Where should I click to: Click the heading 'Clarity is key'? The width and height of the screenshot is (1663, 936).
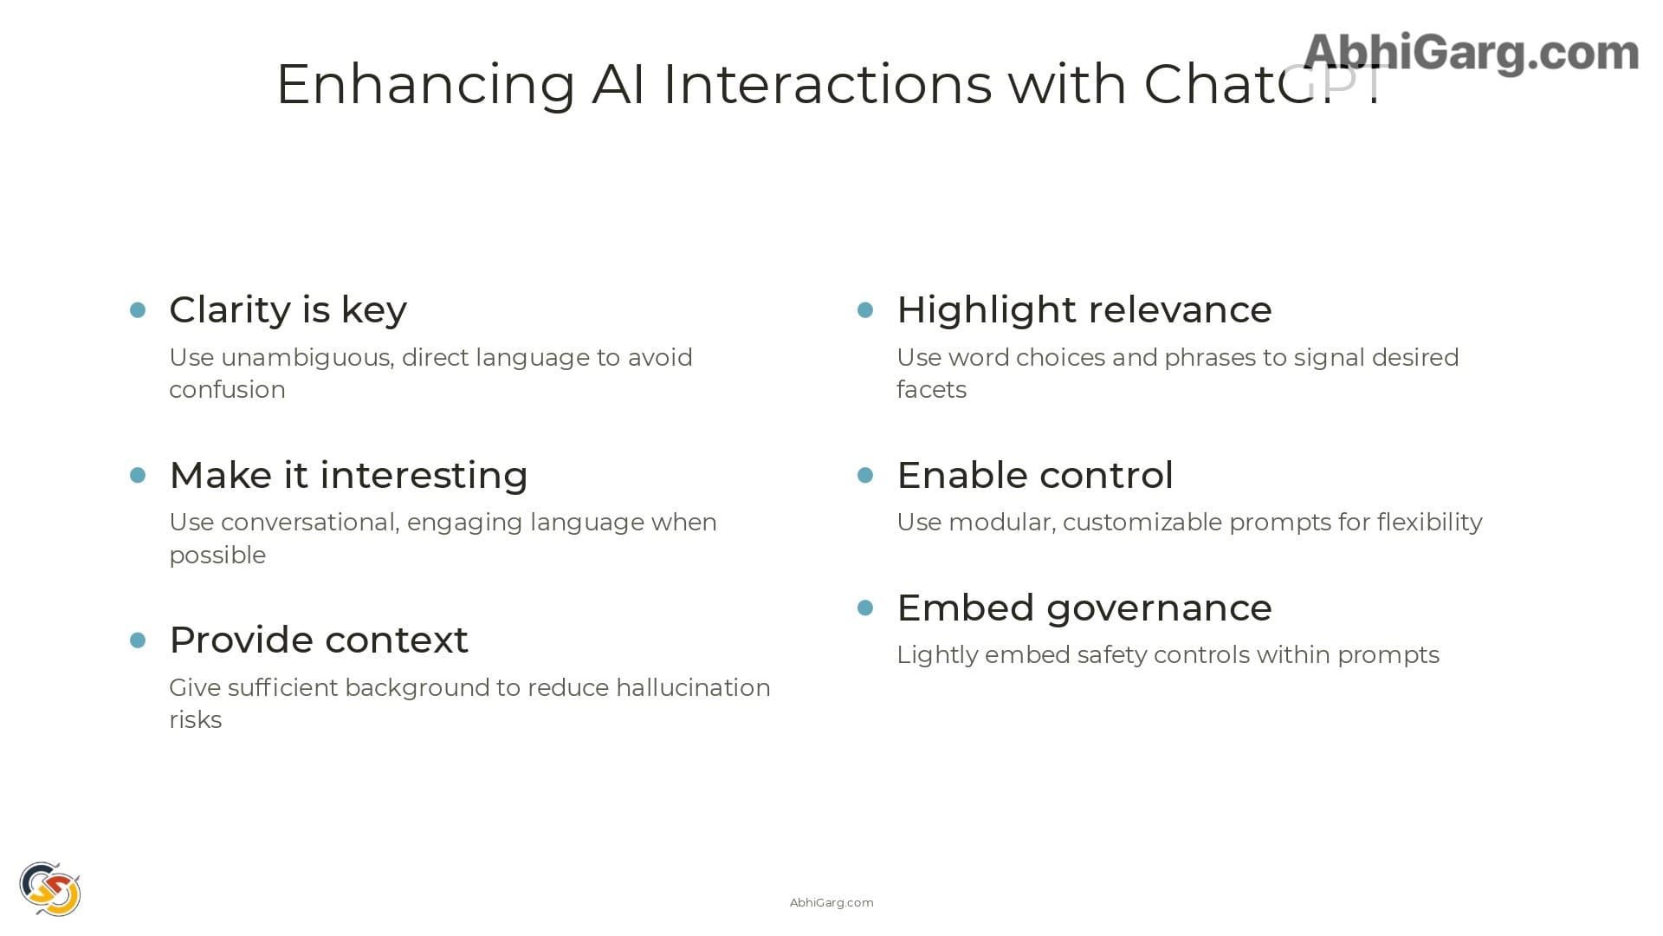(x=288, y=310)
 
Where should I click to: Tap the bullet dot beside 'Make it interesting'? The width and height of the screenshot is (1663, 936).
(x=138, y=475)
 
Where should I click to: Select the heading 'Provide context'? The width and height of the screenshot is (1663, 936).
(x=319, y=640)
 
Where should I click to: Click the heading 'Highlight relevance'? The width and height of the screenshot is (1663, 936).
(x=1084, y=310)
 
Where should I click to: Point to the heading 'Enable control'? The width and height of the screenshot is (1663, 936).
(x=1034, y=475)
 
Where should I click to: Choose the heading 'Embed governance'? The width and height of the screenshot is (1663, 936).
(x=1084, y=608)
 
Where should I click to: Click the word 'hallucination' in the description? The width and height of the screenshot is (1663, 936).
(x=693, y=687)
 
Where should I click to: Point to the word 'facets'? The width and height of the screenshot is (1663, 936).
(x=931, y=390)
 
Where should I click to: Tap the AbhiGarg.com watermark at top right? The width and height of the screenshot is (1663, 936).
(x=1470, y=53)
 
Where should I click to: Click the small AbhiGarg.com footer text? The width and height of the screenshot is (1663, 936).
(x=831, y=903)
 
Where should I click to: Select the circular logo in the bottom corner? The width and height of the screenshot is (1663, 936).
(x=50, y=888)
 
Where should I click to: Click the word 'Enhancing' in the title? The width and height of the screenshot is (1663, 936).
(x=425, y=85)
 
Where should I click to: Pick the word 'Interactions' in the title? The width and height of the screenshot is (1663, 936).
(x=827, y=85)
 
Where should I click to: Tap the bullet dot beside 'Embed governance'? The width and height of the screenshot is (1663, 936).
(x=865, y=608)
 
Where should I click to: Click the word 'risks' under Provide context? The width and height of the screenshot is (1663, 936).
(x=195, y=720)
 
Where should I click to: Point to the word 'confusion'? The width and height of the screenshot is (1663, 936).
(x=227, y=390)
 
